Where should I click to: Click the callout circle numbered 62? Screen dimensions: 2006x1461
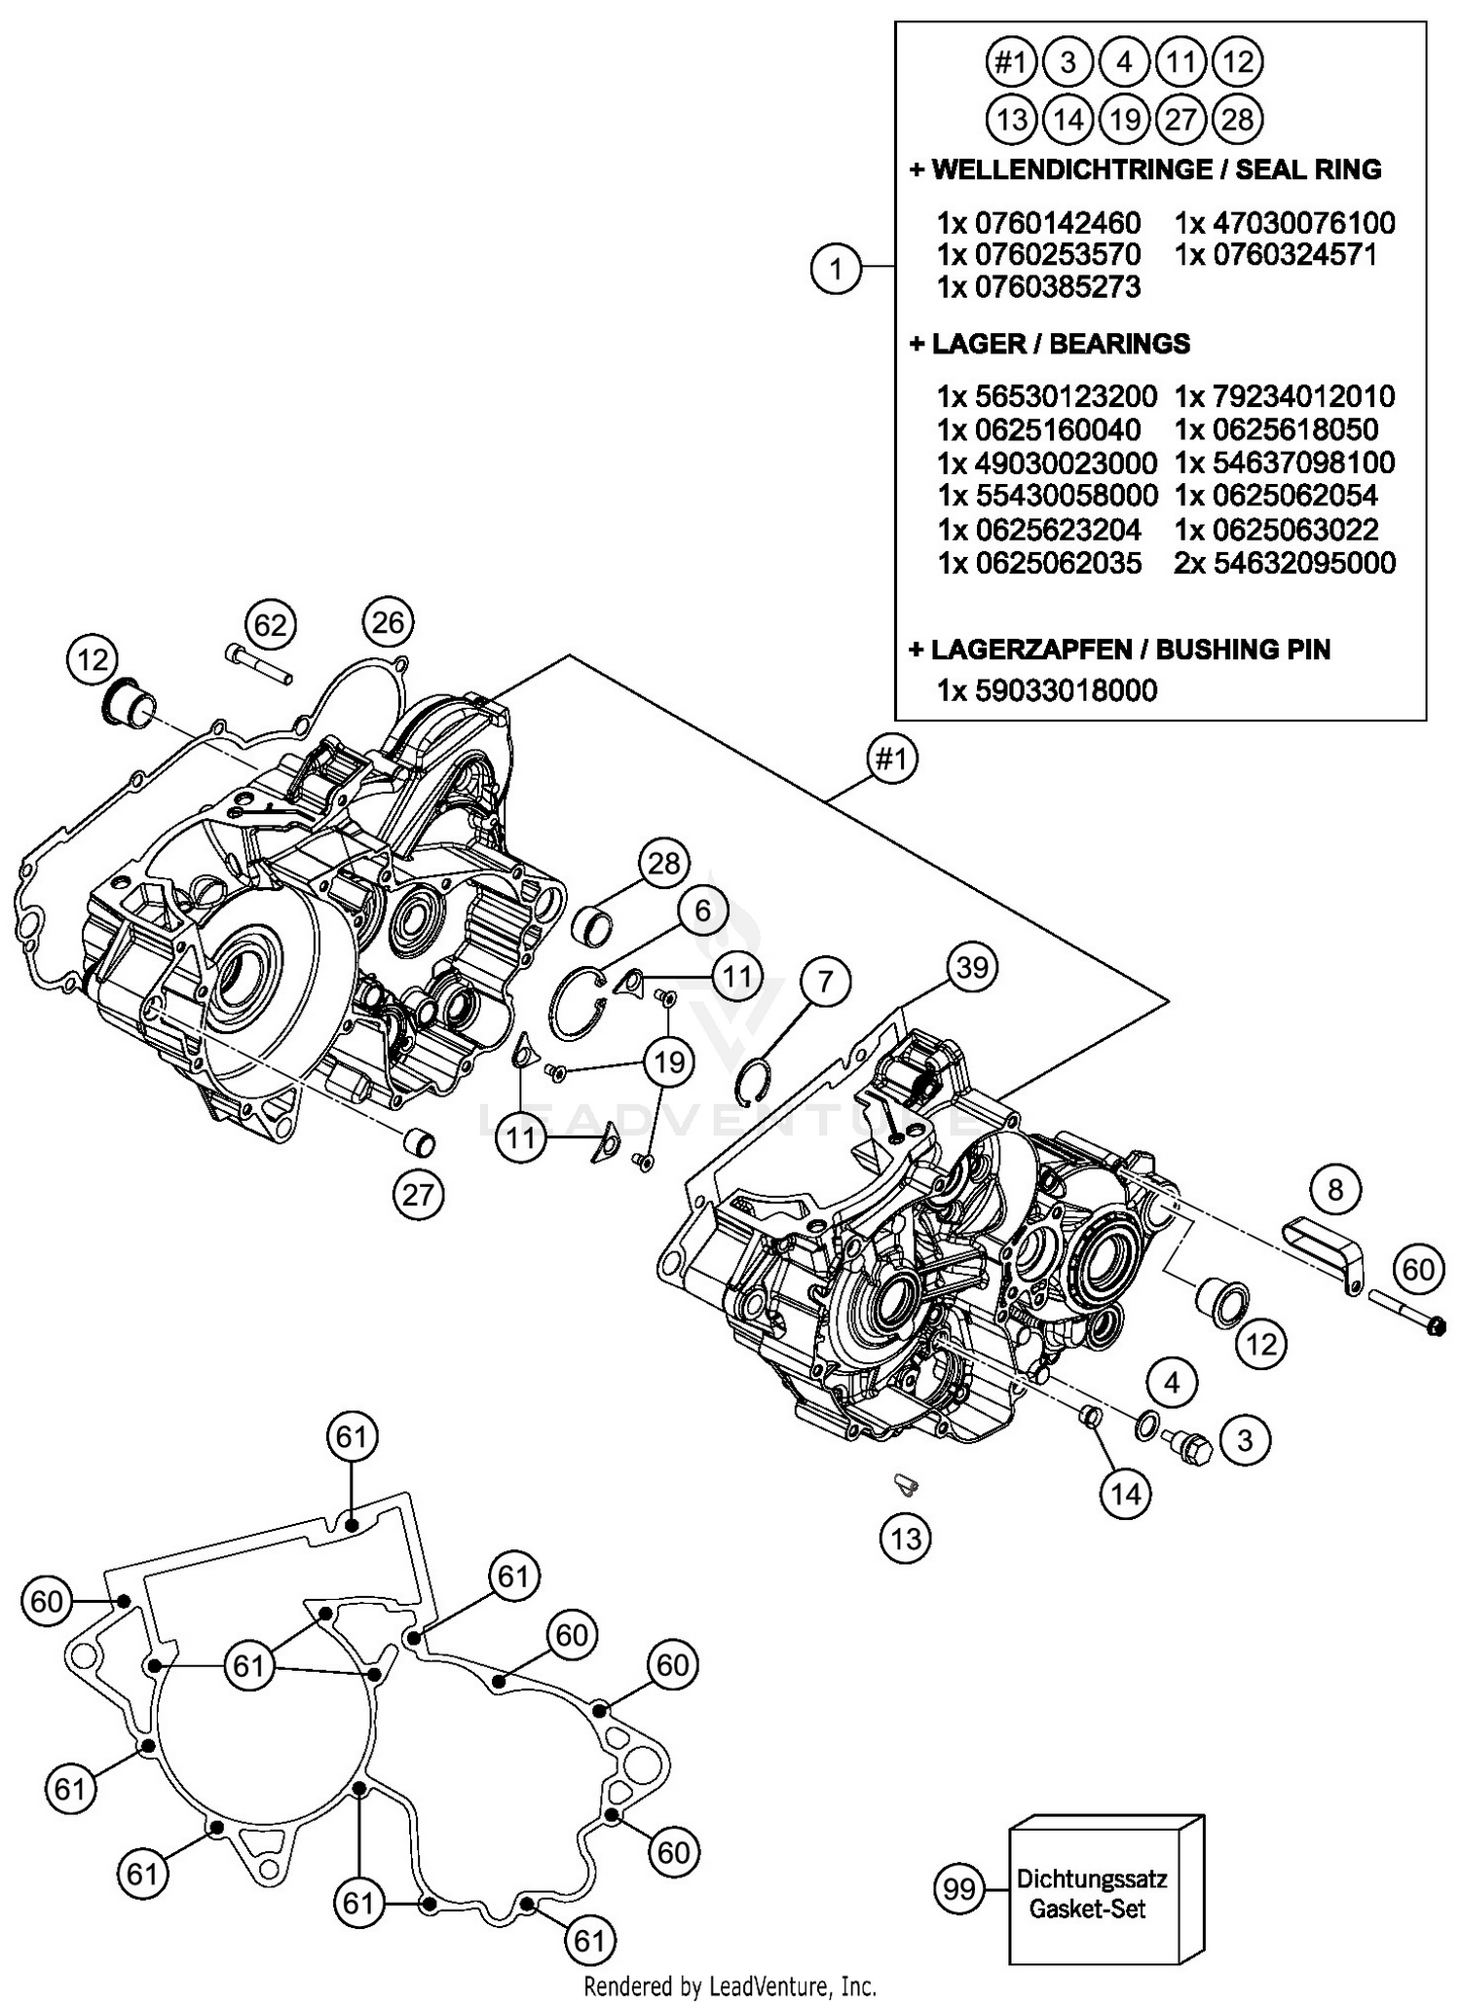[270, 624]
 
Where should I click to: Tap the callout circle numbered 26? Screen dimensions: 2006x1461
[388, 621]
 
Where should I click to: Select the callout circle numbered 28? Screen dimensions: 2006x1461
[664, 864]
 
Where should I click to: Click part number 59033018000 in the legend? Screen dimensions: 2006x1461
[1047, 690]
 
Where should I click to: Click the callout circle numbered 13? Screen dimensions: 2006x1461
[906, 1539]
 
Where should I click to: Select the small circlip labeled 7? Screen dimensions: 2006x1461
[756, 1083]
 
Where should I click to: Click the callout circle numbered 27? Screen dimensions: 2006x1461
[417, 1194]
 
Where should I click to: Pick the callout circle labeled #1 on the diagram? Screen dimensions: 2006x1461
[891, 758]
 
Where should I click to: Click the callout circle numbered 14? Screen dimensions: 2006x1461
[1126, 1493]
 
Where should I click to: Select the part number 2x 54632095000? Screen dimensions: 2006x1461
[1286, 563]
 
